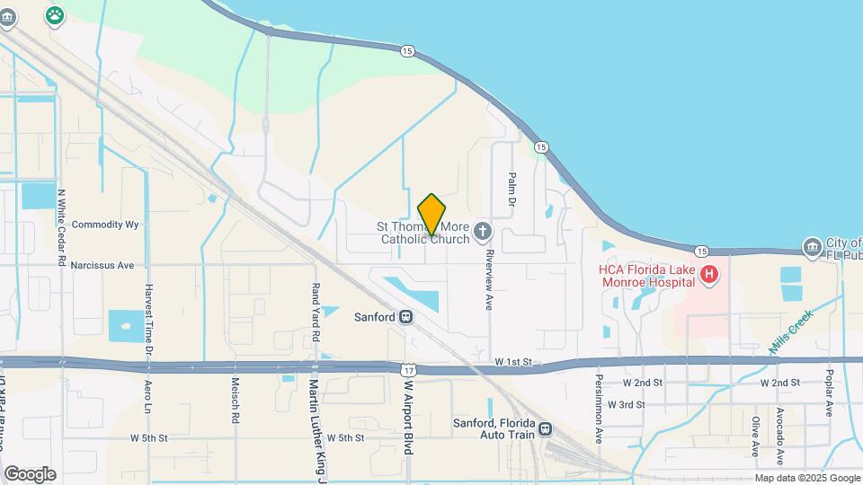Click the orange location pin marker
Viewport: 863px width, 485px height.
[431, 214]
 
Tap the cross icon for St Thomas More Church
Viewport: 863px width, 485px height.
[483, 233]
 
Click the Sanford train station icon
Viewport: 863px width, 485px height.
[406, 317]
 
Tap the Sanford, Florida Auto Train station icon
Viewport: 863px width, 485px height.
[546, 429]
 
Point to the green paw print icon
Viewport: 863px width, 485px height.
[56, 15]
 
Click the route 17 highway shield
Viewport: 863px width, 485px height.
[409, 369]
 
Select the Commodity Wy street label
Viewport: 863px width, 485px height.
[105, 225]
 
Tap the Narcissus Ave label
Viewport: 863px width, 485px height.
[102, 265]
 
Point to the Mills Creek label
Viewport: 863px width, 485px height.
[791, 331]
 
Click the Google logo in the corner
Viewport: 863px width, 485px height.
[30, 474]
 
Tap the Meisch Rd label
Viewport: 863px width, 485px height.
[236, 403]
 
